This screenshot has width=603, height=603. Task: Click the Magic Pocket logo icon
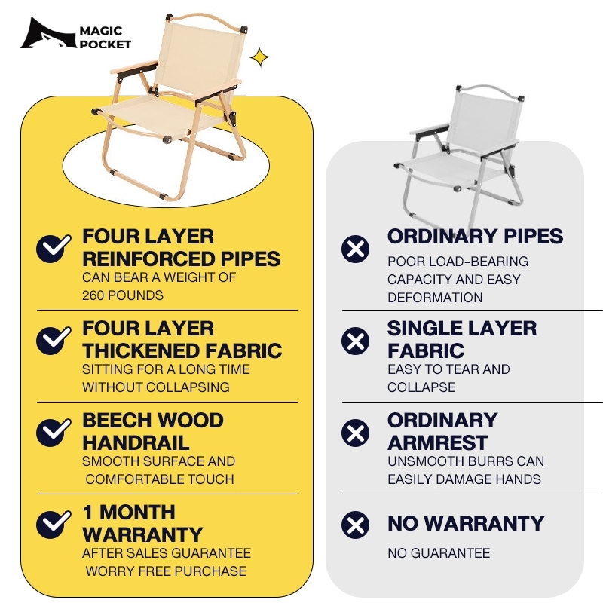[48, 33]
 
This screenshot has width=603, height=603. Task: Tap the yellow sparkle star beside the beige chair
[260, 58]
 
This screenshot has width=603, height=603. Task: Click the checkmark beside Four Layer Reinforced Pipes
[54, 249]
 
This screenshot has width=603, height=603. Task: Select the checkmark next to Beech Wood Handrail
[54, 433]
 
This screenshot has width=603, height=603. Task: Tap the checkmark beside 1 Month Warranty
[54, 525]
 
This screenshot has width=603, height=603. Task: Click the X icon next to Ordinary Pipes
[355, 249]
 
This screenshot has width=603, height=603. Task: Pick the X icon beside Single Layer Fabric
[355, 341]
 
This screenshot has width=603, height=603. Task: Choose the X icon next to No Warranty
[355, 525]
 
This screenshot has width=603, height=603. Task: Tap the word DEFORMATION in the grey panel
[435, 298]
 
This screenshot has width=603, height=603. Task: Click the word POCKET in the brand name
[106, 44]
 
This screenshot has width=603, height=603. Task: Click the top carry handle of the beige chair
[205, 20]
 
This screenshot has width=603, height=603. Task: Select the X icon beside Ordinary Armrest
[355, 433]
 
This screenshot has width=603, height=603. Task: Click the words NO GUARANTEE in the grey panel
[439, 553]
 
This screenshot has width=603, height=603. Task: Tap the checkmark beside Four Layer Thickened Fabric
[54, 341]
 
